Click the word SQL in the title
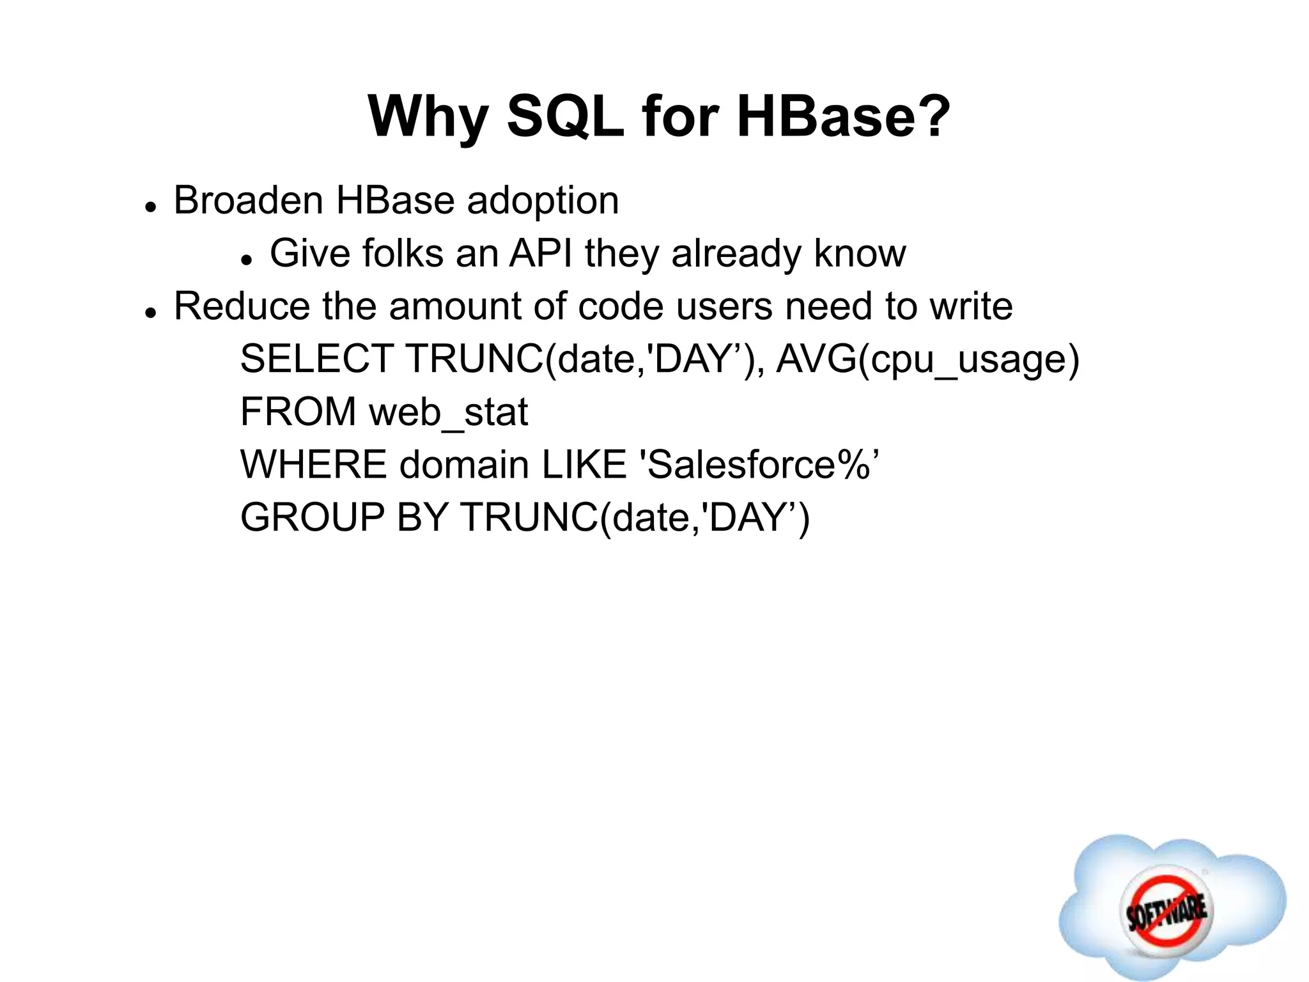565,117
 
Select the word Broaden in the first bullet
249,201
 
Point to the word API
541,253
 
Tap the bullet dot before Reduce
151,313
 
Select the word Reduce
242,306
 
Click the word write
971,306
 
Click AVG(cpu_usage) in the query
927,360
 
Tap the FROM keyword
298,412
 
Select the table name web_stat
449,413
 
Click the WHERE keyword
313,465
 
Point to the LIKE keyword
584,465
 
